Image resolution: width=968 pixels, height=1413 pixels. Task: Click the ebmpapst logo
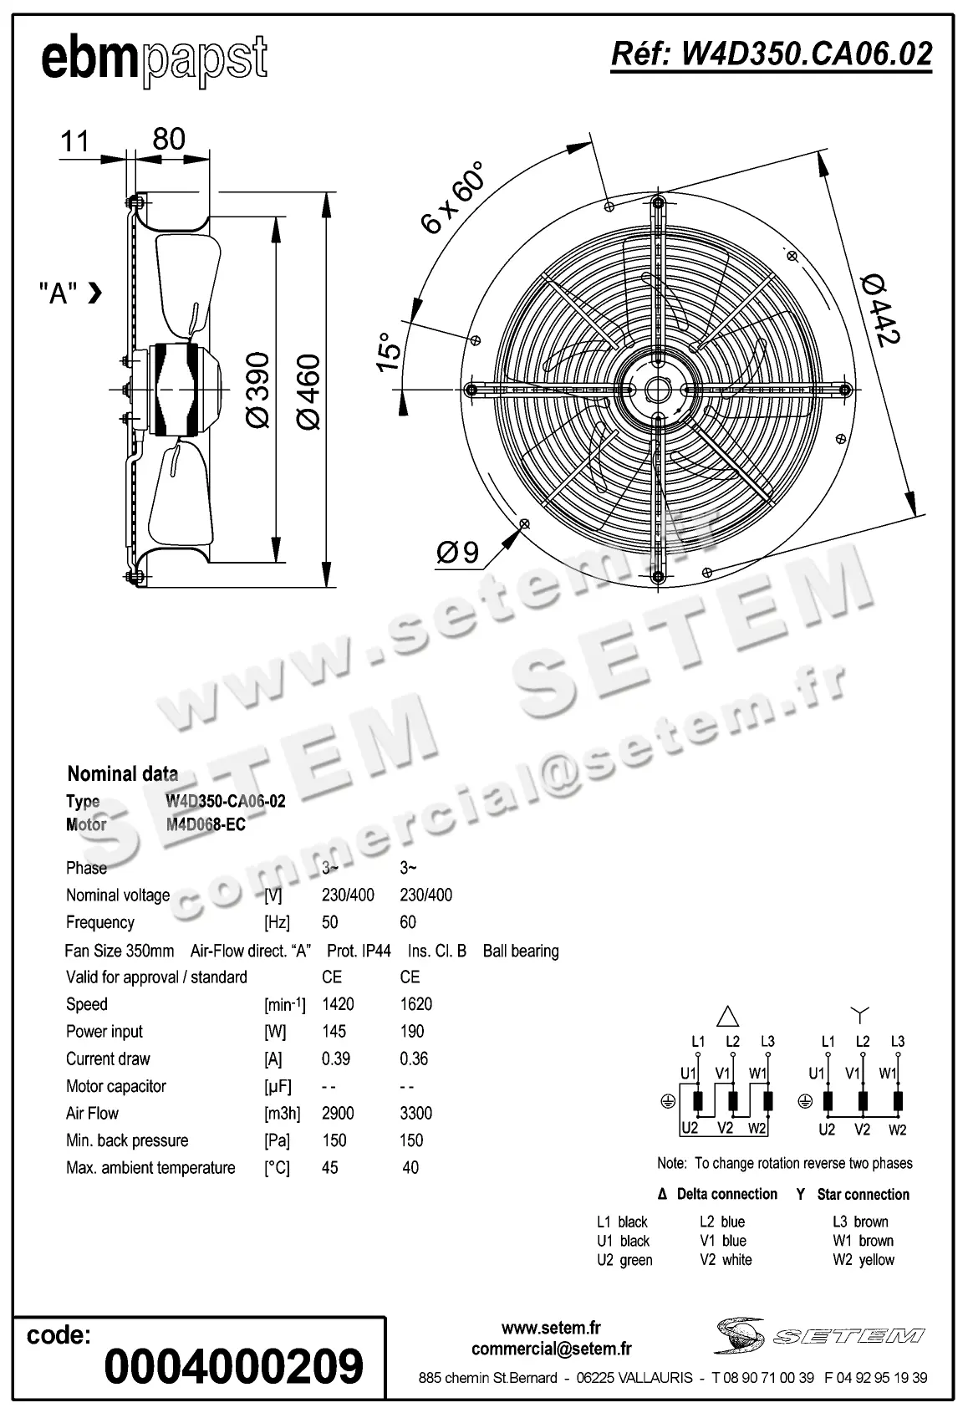click(x=155, y=60)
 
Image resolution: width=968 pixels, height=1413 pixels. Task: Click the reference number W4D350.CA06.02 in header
click(x=771, y=54)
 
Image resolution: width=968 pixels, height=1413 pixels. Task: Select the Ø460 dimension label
click(x=308, y=392)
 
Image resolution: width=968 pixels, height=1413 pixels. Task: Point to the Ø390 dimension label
click(x=258, y=390)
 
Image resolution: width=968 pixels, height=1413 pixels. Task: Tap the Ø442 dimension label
click(x=881, y=309)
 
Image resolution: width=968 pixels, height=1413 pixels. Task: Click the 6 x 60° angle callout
click(x=453, y=198)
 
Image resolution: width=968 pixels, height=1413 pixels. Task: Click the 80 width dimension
click(x=168, y=139)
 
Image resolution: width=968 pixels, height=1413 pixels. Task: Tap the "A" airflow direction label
click(x=59, y=293)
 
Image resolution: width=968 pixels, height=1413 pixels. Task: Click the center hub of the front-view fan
click(x=659, y=390)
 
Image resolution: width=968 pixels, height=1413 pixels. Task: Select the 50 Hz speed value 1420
click(x=338, y=1004)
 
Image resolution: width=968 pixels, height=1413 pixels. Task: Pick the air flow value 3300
click(x=415, y=1113)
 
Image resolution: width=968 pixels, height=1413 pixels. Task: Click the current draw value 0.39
click(x=336, y=1058)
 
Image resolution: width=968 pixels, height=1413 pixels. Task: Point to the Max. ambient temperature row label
click(x=150, y=1167)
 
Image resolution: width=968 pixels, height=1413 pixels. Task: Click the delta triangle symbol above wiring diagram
click(x=729, y=1016)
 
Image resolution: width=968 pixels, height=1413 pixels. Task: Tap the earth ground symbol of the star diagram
click(x=805, y=1101)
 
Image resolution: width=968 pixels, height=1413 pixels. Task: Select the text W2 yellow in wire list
click(x=863, y=1260)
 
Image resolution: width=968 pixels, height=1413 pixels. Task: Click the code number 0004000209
click(x=233, y=1366)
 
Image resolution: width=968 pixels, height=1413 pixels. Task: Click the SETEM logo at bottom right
click(x=819, y=1335)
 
